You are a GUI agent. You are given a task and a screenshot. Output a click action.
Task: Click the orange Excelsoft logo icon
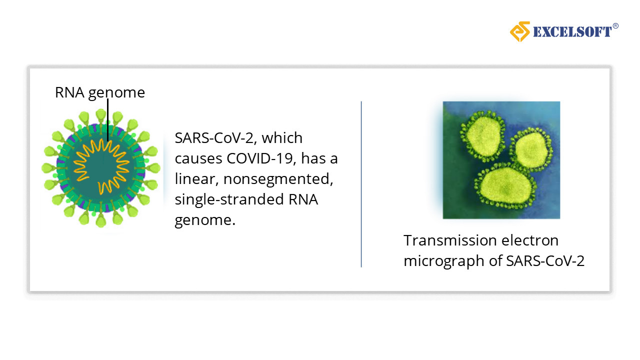520,31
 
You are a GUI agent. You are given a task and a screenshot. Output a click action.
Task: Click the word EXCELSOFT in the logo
572,31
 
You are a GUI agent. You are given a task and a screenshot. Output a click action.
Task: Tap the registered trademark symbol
615,26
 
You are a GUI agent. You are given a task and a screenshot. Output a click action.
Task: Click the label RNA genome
100,92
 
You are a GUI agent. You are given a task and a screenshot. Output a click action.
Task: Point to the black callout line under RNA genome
107,120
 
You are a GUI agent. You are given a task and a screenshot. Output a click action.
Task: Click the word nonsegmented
278,179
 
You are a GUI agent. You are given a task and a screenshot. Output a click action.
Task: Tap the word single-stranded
229,199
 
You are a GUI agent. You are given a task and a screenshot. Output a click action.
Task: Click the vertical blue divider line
361,184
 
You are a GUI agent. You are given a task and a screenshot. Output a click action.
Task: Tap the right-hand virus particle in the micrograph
531,148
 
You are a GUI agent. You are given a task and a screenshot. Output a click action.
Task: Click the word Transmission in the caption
450,240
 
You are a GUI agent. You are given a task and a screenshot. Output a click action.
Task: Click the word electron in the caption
530,241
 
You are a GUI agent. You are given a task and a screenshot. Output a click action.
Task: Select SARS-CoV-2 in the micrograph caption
545,261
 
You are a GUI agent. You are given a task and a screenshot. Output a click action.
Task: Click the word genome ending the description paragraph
205,220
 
